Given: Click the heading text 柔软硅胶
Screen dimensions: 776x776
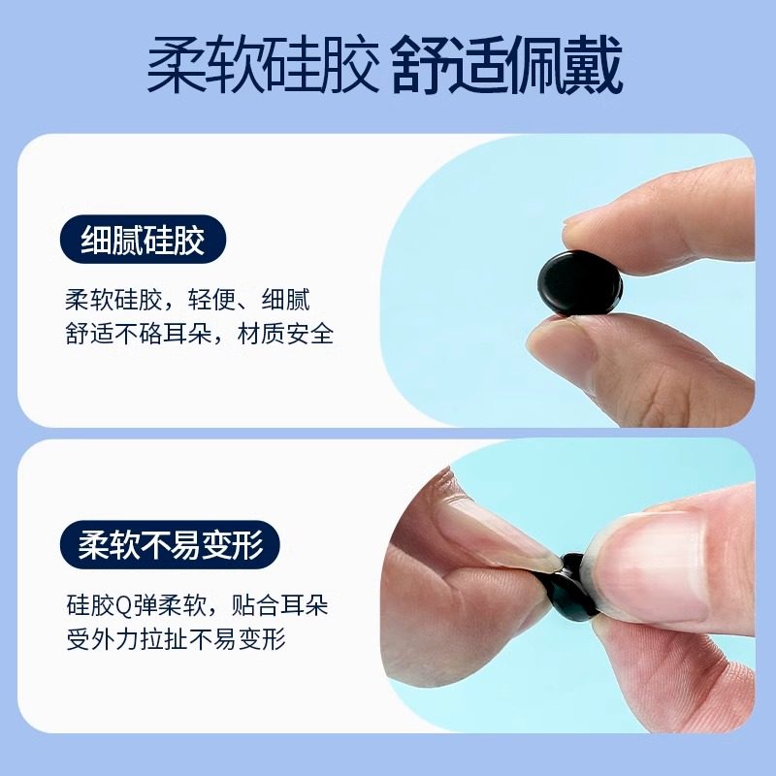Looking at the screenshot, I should click(261, 67).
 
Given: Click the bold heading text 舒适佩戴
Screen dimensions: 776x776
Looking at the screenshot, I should click(507, 67).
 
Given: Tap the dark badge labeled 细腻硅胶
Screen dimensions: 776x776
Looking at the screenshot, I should click(143, 240).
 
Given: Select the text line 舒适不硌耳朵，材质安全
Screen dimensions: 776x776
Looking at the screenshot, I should click(199, 335).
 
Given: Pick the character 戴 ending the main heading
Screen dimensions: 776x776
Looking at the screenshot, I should click(595, 67).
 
